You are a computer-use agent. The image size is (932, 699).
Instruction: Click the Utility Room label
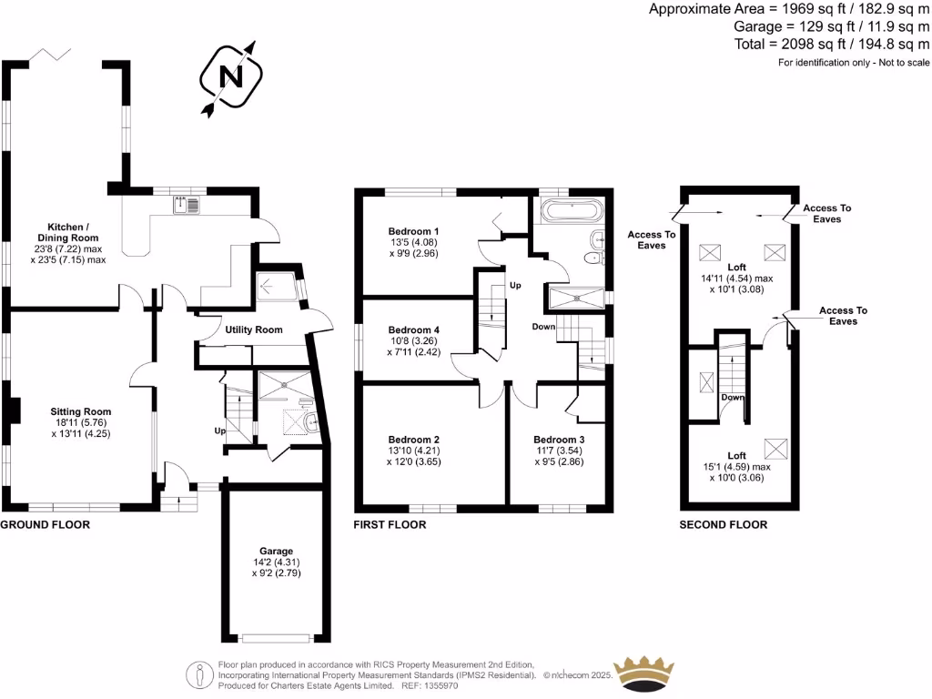tap(254, 329)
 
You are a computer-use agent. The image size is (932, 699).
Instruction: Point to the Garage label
tap(276, 551)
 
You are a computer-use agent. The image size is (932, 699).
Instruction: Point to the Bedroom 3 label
tap(559, 440)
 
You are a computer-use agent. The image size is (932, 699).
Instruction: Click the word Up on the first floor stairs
tap(514, 285)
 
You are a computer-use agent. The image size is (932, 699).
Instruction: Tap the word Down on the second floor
tap(733, 398)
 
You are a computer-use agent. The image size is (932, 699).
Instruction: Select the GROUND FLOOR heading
tap(45, 525)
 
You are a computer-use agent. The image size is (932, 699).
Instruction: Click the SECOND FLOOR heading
tap(724, 525)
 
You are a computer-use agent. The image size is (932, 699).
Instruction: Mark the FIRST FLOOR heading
tap(390, 525)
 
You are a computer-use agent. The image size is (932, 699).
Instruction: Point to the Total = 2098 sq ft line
tap(832, 44)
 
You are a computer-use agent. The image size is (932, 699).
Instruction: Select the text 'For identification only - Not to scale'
tap(854, 63)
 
